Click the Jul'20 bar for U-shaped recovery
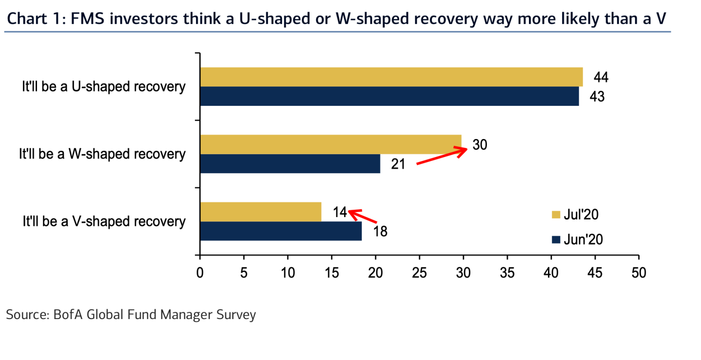[x=391, y=77]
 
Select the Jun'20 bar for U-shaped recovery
[x=389, y=96]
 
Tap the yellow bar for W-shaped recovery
[x=331, y=144]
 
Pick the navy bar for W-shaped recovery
[x=290, y=163]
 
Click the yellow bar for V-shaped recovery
[x=261, y=212]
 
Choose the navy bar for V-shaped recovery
[x=281, y=231]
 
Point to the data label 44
[x=601, y=78]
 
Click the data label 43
[x=597, y=97]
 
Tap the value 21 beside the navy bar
[x=398, y=164]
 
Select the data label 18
[x=380, y=232]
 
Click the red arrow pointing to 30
[x=442, y=156]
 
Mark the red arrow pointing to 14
[x=362, y=216]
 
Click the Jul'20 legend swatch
[x=556, y=215]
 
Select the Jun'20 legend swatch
[x=556, y=240]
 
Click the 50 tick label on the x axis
[x=639, y=273]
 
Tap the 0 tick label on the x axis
[x=200, y=273]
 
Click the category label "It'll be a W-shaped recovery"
[x=102, y=154]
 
